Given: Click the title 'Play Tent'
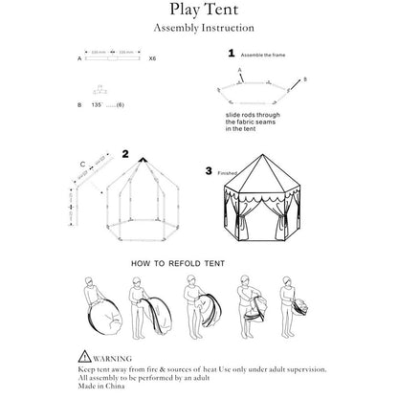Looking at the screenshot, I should click(x=198, y=11).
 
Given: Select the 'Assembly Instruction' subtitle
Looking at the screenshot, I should click(x=198, y=30).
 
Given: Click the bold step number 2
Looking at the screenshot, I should click(x=124, y=153).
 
